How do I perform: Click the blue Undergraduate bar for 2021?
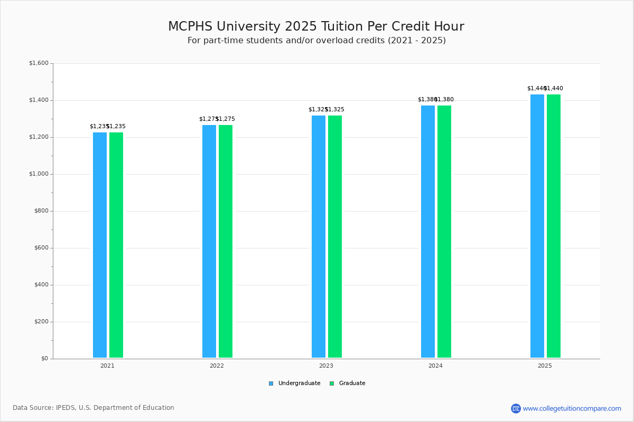100,245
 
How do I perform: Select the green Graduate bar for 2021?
116,245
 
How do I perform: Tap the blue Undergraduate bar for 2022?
209,241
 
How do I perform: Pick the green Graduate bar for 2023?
335,236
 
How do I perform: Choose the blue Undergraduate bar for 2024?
428,232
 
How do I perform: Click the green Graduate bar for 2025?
554,226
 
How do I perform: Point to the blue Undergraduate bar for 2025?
537,226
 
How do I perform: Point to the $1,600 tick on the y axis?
39,63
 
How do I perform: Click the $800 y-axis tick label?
40,211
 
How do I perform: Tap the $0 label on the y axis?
44,359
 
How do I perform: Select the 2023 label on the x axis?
326,366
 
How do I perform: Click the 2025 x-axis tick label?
545,366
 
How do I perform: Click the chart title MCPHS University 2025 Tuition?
316,26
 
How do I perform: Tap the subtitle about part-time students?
316,41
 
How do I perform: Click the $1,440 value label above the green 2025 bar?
554,89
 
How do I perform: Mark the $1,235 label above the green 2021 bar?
117,127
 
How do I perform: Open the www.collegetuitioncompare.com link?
572,408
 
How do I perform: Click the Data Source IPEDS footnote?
94,408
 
